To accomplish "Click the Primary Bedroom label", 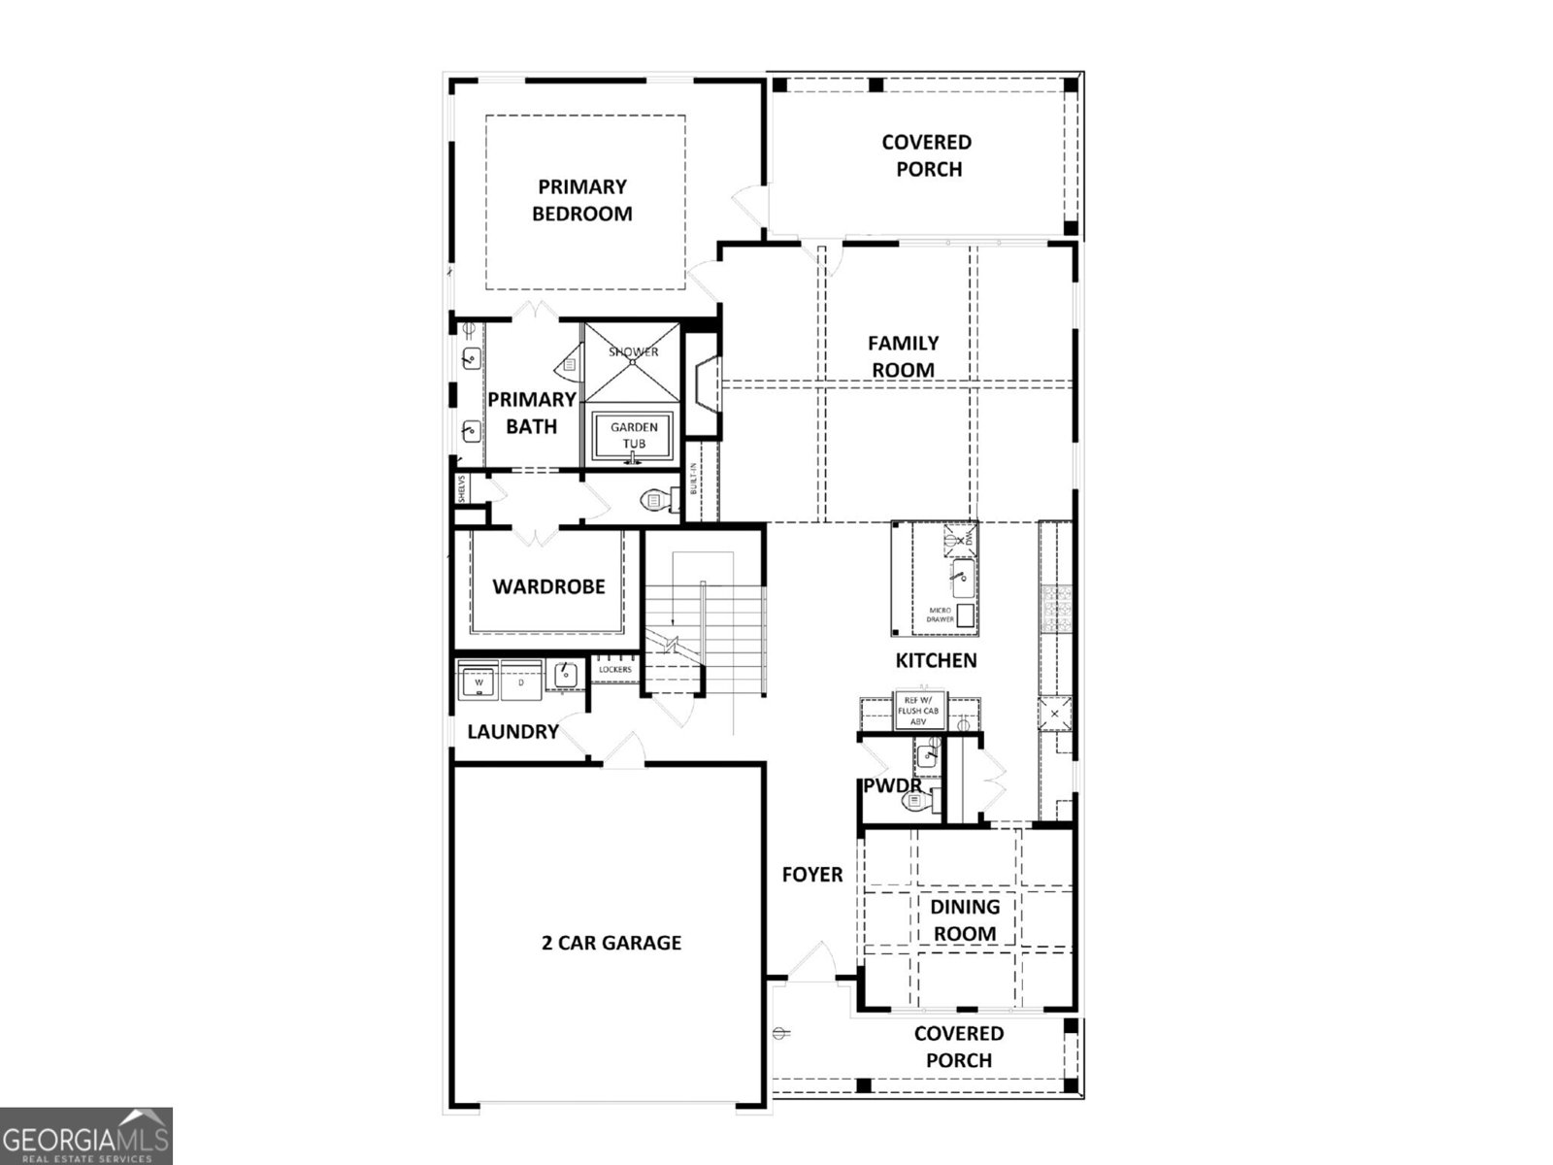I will point(581,200).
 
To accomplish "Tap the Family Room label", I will point(903,356).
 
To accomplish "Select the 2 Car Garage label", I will point(611,943).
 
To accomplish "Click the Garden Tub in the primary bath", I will point(633,435).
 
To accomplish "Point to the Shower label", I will point(633,351).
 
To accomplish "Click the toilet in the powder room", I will point(916,801).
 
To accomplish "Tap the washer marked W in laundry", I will point(479,682).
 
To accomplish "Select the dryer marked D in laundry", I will point(520,682).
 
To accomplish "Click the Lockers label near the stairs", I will point(615,670).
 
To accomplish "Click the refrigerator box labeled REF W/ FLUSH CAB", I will point(917,711).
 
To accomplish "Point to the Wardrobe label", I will point(548,586).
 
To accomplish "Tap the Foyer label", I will point(812,875).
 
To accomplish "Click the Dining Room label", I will point(965,919).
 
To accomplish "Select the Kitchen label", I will point(936,661).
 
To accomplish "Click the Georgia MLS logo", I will point(85,1136).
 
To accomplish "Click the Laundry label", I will point(512,732).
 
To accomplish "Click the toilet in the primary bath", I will point(655,500).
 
